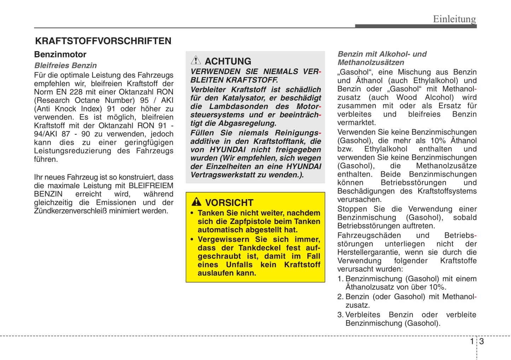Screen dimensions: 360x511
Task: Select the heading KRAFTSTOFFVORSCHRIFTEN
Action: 103,41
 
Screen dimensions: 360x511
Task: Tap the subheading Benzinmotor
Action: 60,54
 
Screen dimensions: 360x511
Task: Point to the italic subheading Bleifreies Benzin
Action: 65,65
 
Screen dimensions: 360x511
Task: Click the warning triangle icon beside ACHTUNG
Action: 196,60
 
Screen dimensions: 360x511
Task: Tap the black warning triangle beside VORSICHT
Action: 196,202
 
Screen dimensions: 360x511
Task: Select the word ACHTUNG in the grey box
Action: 228,61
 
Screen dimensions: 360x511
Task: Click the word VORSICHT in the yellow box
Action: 229,203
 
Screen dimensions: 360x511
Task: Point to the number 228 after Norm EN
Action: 76,92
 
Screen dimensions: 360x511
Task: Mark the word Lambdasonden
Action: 239,106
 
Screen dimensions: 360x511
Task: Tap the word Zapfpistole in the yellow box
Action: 254,222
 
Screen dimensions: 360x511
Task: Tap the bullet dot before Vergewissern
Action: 192,240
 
